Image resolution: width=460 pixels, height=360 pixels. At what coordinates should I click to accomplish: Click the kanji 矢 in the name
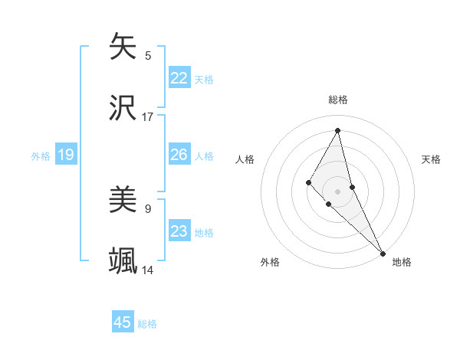point(123,46)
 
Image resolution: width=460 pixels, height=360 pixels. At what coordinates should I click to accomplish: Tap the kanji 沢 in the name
point(123,108)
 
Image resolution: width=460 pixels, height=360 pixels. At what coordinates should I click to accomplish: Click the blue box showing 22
point(179,78)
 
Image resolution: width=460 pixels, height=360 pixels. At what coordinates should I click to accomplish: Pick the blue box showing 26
point(179,155)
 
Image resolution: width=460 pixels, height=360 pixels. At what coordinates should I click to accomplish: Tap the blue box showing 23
point(179,232)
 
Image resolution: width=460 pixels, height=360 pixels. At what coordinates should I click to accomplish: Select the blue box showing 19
point(65,155)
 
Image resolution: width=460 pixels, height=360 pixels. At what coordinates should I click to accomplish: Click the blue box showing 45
point(123,322)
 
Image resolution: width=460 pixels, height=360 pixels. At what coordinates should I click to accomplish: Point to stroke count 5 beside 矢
point(148,55)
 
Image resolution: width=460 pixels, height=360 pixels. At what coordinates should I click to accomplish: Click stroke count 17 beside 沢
point(148,117)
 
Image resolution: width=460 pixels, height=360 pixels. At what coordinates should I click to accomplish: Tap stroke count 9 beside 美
point(148,208)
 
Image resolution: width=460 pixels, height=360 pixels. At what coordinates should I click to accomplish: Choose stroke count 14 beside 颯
point(148,270)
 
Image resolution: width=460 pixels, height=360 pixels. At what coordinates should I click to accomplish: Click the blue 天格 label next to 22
point(204,79)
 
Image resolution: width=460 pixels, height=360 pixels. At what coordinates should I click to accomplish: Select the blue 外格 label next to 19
point(41,156)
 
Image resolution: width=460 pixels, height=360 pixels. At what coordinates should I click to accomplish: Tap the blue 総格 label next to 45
point(147,323)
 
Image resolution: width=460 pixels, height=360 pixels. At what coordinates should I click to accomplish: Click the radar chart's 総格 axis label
point(338,100)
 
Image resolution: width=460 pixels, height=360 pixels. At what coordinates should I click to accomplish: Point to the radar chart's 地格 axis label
point(402,262)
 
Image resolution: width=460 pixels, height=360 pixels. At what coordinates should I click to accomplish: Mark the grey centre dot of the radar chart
point(338,191)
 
